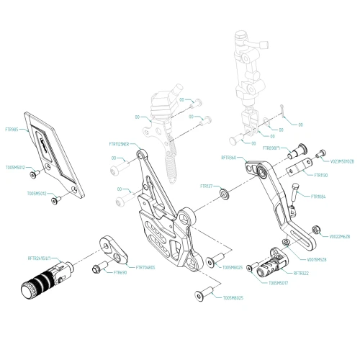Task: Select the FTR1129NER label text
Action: (120, 144)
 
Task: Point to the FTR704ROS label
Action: (145, 267)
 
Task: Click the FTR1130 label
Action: (320, 175)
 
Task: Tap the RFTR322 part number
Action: (302, 274)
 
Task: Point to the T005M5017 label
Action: (279, 283)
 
